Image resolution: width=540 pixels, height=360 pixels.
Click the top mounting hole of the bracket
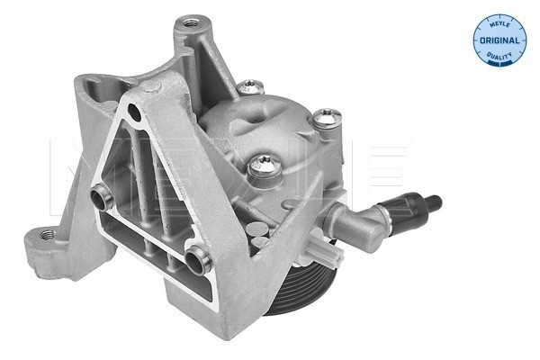[189, 21]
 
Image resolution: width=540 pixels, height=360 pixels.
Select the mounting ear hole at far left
[48, 235]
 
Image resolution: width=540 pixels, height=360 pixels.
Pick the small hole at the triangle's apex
[133, 112]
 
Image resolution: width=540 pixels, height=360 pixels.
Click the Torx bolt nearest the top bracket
[252, 87]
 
